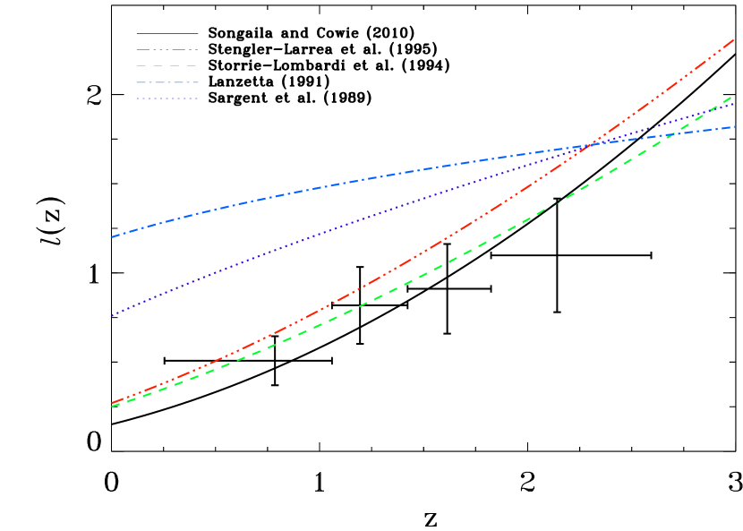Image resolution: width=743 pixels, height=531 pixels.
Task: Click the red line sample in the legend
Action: (167, 49)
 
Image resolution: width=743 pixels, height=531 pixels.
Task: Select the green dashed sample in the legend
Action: (167, 66)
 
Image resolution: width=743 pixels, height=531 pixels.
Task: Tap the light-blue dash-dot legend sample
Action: (167, 82)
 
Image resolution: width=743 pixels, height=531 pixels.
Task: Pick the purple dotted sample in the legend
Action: (167, 98)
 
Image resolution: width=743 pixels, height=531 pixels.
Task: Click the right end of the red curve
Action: (735, 39)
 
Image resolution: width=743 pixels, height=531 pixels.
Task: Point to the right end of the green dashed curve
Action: (733, 96)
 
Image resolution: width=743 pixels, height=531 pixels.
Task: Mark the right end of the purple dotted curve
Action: (735, 104)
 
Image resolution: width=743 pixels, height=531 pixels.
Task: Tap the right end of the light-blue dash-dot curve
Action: (736, 126)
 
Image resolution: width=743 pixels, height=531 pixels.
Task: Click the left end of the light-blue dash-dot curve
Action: (111, 237)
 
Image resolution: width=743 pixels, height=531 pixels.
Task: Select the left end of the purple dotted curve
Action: (111, 316)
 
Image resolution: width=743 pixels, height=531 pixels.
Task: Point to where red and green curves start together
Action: (112, 405)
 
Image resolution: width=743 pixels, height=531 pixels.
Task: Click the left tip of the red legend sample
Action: (137, 49)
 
